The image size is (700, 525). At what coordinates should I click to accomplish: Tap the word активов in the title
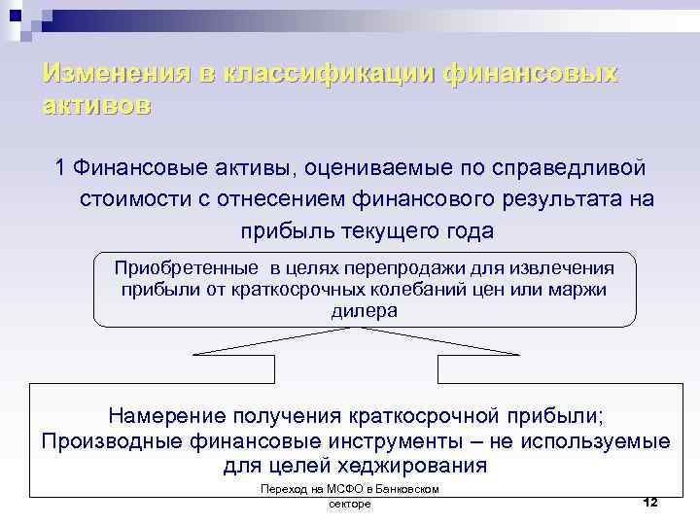(97, 106)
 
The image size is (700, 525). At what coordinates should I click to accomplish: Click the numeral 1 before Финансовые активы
(61, 167)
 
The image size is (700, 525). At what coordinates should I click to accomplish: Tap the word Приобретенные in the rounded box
(186, 267)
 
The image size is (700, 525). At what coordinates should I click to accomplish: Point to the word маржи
(579, 289)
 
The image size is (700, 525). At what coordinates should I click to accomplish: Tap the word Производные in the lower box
(116, 441)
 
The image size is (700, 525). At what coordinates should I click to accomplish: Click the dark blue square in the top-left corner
(14, 14)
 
